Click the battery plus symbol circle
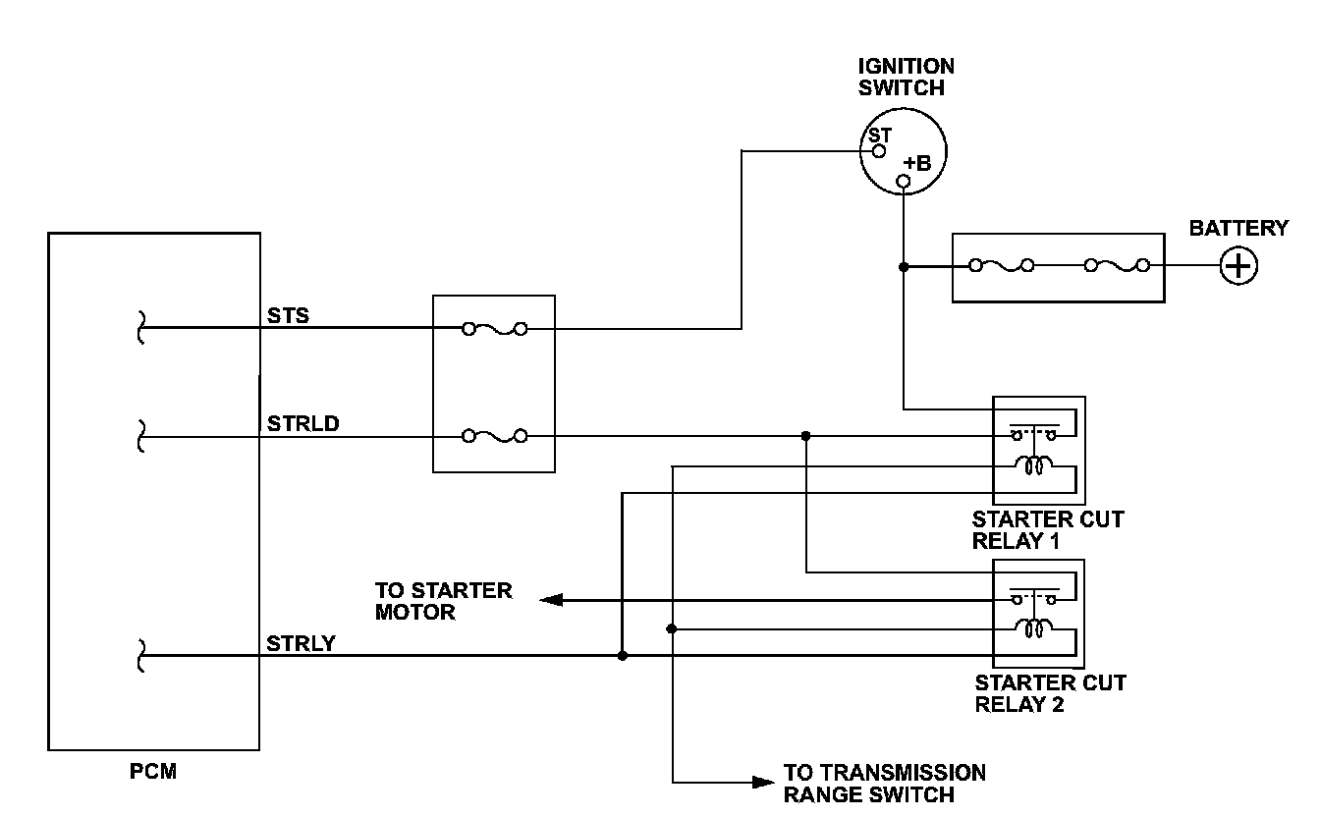(1238, 266)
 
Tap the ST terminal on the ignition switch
(879, 150)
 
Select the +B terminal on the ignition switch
(905, 181)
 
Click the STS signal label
(288, 315)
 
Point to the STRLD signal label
(302, 424)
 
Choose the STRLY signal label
(301, 644)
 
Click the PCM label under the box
(153, 772)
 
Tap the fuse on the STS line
(494, 329)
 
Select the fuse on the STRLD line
(494, 436)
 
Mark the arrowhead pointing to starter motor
(551, 600)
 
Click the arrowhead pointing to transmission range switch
(763, 783)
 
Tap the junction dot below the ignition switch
(904, 266)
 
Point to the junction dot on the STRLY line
(622, 655)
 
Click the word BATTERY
(1238, 228)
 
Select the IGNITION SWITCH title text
(907, 77)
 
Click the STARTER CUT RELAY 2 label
(1050, 693)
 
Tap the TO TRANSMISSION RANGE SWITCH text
(884, 784)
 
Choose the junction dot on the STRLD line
(805, 436)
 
